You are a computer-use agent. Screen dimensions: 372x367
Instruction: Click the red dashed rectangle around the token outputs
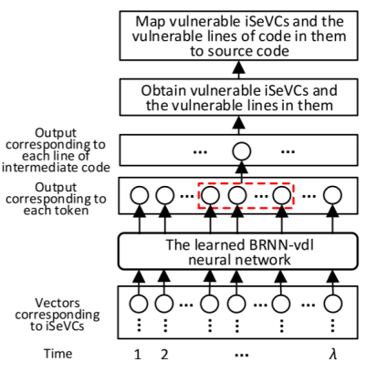[246, 194]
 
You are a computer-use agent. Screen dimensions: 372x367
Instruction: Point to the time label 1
[139, 355]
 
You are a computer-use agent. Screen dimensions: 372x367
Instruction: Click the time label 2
[163, 355]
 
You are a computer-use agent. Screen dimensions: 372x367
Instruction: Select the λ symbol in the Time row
[332, 355]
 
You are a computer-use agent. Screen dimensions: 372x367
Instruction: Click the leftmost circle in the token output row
[139, 194]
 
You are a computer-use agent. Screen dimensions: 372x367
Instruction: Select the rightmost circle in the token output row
[331, 194]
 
